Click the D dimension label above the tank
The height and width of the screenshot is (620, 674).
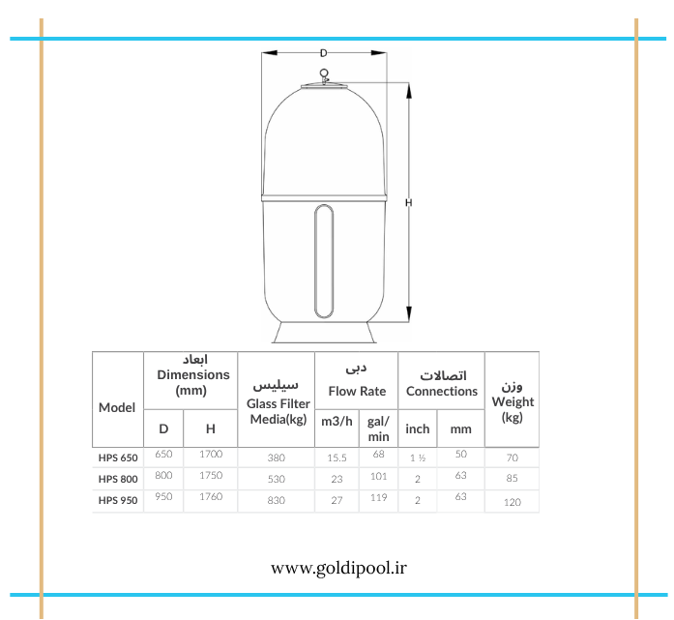323,53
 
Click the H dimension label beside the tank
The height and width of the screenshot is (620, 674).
408,202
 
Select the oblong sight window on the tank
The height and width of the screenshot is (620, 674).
324,261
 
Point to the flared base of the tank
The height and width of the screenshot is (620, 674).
324,333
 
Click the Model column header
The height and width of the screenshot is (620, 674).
117,407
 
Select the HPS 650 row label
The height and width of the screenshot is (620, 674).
118,458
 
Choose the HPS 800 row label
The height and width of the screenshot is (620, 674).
118,479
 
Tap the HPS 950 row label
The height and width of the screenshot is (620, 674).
118,500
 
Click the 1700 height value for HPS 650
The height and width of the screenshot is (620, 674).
211,454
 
